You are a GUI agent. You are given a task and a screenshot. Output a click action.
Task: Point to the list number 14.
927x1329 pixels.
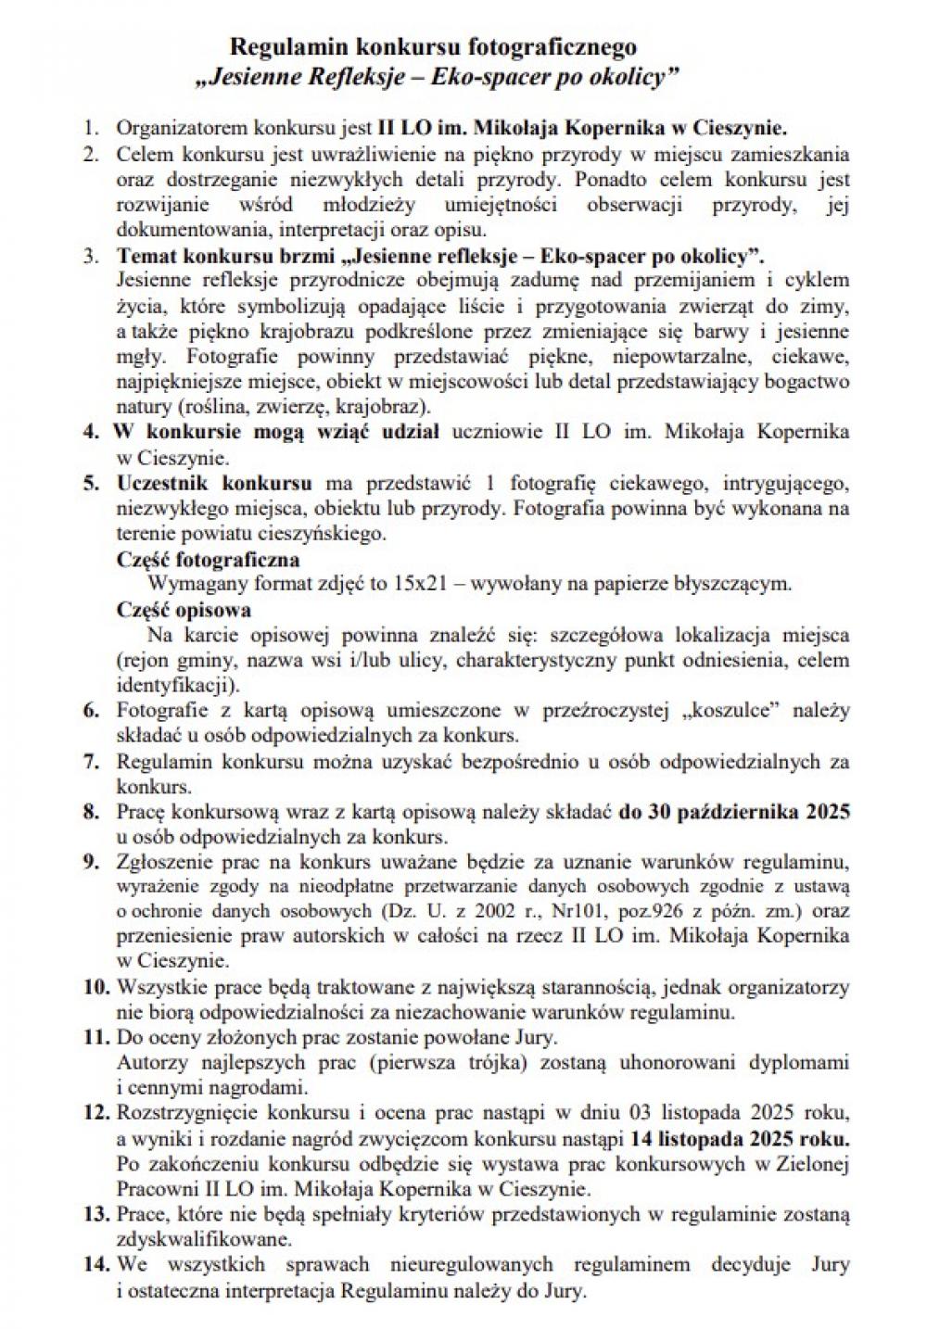[96, 1263]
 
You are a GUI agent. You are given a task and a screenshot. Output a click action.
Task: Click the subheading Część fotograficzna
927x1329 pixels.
[208, 560]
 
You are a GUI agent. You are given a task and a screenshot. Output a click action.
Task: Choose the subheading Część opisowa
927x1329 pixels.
[184, 610]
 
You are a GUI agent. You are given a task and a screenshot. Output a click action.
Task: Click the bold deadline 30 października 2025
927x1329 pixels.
[735, 811]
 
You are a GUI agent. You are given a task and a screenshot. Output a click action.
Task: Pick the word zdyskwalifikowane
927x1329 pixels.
[192, 1238]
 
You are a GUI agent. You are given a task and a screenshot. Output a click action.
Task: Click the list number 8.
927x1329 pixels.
[91, 812]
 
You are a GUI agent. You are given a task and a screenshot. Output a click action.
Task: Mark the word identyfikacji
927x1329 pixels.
[176, 686]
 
